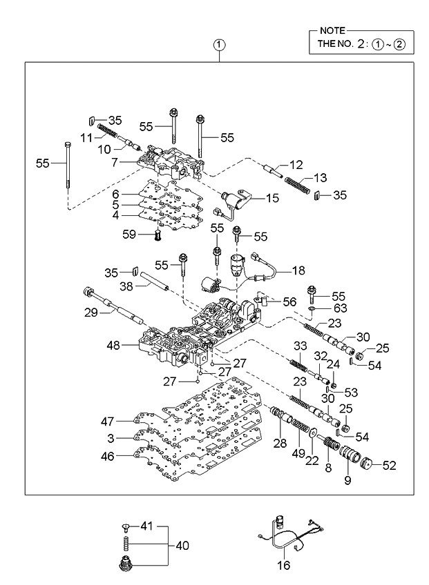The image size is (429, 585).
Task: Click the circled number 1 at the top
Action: click(x=219, y=46)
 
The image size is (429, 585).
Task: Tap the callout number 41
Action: click(x=145, y=526)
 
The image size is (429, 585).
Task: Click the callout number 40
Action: click(x=181, y=545)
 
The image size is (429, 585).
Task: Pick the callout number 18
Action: click(x=298, y=271)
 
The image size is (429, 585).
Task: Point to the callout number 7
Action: click(x=117, y=162)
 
